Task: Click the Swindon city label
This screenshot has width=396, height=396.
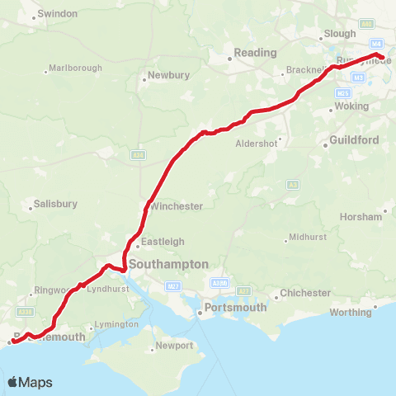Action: [58, 14]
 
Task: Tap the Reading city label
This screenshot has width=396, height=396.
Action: [256, 53]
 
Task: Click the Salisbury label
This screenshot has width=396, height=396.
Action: [56, 204]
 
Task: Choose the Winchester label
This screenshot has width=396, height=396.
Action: [176, 206]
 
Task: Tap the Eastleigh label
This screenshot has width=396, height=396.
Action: [163, 242]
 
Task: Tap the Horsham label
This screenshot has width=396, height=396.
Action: [361, 216]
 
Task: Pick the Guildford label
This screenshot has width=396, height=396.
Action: [354, 140]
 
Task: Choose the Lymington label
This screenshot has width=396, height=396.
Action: [116, 325]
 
